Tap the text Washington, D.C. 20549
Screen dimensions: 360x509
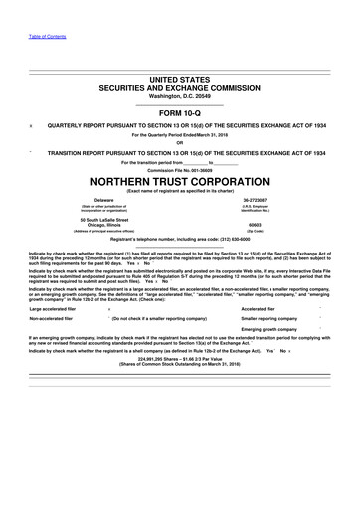pyautogui.click(x=180, y=96)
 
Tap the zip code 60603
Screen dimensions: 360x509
pyautogui.click(x=282, y=225)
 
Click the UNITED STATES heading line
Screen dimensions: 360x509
pyautogui.click(x=180, y=78)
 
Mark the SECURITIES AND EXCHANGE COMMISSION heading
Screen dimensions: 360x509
pyautogui.click(x=180, y=87)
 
